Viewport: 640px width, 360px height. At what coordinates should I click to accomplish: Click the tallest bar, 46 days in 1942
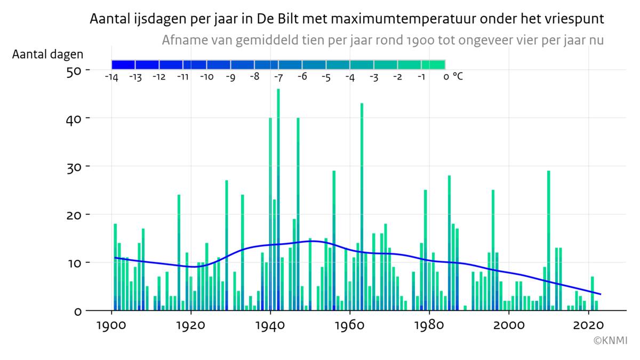pos(278,203)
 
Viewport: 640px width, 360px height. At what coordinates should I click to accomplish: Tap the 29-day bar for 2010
pos(548,240)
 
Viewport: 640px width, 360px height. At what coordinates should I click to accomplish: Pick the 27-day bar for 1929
pos(227,245)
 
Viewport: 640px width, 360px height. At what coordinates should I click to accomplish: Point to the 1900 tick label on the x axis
pos(111,325)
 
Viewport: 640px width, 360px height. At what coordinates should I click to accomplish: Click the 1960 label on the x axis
pos(350,325)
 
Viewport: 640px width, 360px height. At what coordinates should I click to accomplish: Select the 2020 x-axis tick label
pos(588,325)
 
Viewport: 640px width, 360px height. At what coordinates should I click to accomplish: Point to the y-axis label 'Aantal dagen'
pos(48,54)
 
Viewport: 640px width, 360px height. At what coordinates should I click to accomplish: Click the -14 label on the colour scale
pos(111,77)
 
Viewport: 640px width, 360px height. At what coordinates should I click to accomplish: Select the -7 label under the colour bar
pos(278,77)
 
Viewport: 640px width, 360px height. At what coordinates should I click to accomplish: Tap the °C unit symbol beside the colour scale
pos(458,76)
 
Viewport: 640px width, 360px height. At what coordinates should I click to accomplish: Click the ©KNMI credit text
pos(611,340)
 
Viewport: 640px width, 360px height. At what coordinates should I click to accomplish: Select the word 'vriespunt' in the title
pos(579,20)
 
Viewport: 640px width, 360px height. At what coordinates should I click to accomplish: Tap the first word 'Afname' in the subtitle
pos(181,41)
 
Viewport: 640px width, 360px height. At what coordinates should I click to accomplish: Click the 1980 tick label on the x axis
pos(429,325)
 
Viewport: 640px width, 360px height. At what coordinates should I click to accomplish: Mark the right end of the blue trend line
pos(601,294)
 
